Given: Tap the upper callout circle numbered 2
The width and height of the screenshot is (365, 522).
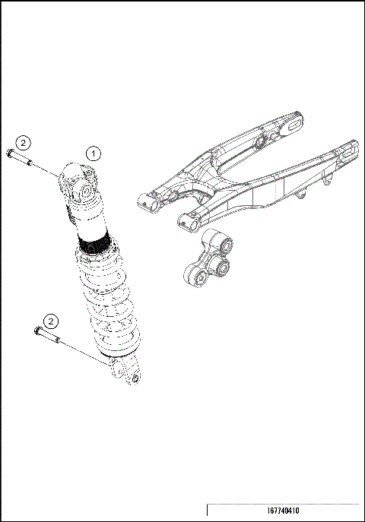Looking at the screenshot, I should pos(24,142).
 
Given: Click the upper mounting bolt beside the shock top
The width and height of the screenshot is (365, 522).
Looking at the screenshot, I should pos(18,157).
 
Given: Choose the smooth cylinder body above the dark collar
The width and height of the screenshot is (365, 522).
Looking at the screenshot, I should pos(91,220).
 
